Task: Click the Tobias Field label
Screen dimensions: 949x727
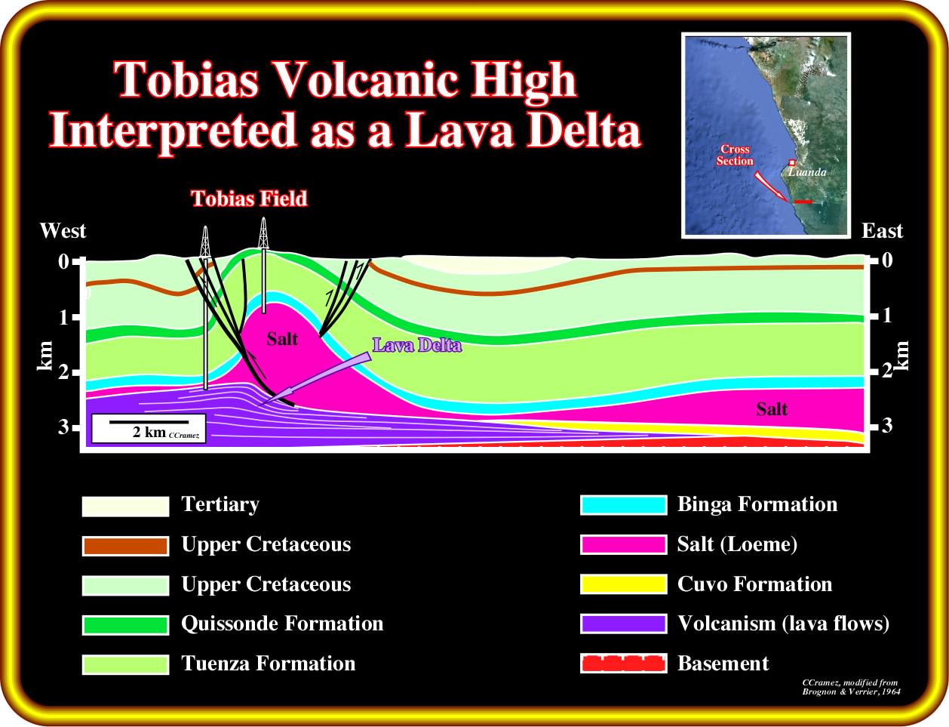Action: [x=249, y=199]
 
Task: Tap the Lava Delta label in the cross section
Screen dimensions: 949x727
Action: [x=417, y=345]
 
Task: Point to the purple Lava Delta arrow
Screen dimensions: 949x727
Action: [x=315, y=379]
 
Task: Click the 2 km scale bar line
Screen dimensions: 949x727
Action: [x=149, y=422]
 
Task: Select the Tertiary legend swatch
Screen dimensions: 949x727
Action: [x=125, y=507]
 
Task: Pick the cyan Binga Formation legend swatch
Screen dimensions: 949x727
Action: [x=624, y=505]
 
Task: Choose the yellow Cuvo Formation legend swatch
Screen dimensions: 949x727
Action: [x=624, y=584]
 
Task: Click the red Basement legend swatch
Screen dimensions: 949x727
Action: [x=624, y=664]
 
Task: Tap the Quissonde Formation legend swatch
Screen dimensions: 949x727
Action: [x=125, y=625]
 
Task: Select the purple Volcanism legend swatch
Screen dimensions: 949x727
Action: [x=624, y=624]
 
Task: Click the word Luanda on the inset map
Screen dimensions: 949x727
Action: [x=807, y=172]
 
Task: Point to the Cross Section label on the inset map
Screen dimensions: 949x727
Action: [x=735, y=155]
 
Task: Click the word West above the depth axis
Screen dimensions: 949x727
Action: [x=63, y=231]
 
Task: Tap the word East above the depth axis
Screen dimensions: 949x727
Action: [x=882, y=231]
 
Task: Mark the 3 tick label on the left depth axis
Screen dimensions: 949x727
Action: [x=64, y=427]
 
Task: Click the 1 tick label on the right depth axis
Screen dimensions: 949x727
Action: [x=886, y=316]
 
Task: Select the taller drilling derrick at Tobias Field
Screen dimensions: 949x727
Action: [x=263, y=265]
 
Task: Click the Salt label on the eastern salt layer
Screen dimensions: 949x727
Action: [x=772, y=409]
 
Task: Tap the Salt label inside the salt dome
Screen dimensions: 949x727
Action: [x=282, y=339]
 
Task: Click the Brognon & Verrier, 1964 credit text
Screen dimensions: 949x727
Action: [x=851, y=692]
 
